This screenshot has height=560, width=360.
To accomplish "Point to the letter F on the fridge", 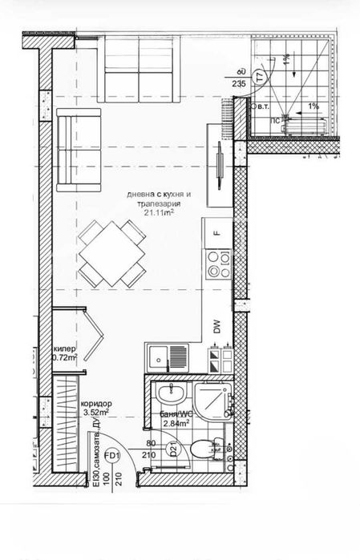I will tap(216, 234).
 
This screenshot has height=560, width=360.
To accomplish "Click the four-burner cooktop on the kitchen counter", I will tap(215, 264).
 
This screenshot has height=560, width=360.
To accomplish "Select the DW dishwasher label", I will tap(216, 326).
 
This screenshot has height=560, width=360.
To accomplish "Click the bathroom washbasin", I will tap(170, 394).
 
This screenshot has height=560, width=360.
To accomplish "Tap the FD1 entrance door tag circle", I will tap(113, 457).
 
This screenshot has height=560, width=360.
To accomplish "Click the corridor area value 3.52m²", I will tap(96, 413).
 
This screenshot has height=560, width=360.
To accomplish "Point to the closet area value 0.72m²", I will tap(65, 358).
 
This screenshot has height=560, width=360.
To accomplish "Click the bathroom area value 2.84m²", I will tap(175, 424).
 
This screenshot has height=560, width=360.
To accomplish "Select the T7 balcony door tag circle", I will tap(259, 77).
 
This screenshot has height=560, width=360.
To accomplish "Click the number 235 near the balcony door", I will tap(238, 83).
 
